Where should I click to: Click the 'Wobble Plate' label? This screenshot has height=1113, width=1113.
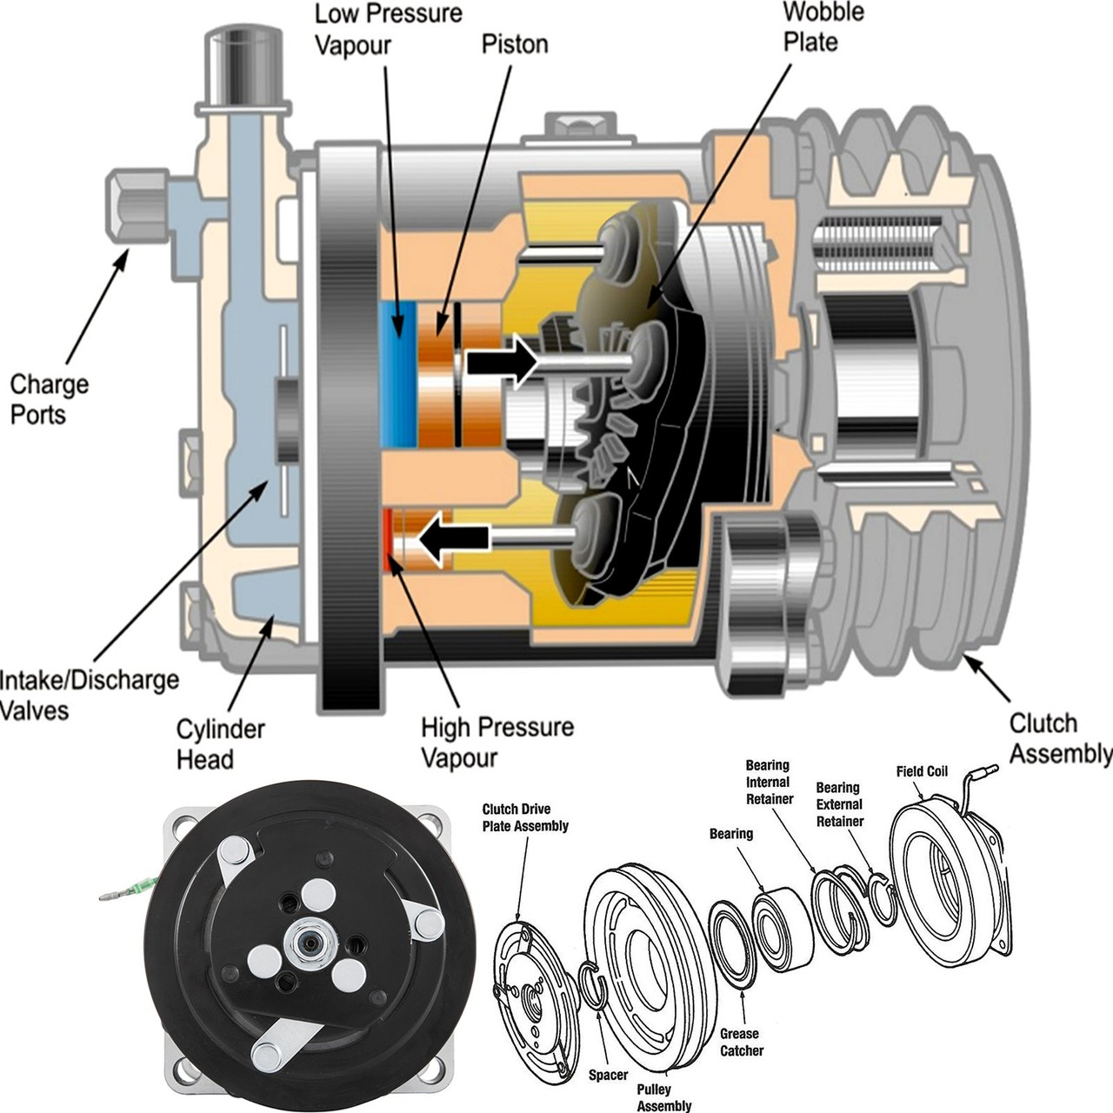tap(810, 27)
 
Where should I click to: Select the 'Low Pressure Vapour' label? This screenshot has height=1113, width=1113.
tap(388, 29)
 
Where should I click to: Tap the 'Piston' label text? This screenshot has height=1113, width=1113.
tap(515, 43)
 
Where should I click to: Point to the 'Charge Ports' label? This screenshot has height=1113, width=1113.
tap(49, 399)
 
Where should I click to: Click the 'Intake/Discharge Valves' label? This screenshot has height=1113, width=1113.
tap(87, 694)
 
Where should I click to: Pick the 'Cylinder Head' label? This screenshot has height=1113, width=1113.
tap(220, 743)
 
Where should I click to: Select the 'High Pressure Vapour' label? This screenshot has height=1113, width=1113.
tap(497, 741)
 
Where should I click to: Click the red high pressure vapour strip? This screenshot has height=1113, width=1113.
tap(386, 540)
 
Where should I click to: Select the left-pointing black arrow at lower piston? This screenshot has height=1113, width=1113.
tap(454, 539)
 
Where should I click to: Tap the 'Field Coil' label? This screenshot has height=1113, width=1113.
tap(922, 771)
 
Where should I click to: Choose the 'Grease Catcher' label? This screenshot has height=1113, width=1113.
tap(741, 1042)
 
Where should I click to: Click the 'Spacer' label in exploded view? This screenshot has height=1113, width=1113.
tap(608, 1075)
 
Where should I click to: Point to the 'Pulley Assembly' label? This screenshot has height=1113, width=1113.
tap(664, 1097)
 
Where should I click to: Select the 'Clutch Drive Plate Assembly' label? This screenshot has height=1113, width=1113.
tap(525, 817)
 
